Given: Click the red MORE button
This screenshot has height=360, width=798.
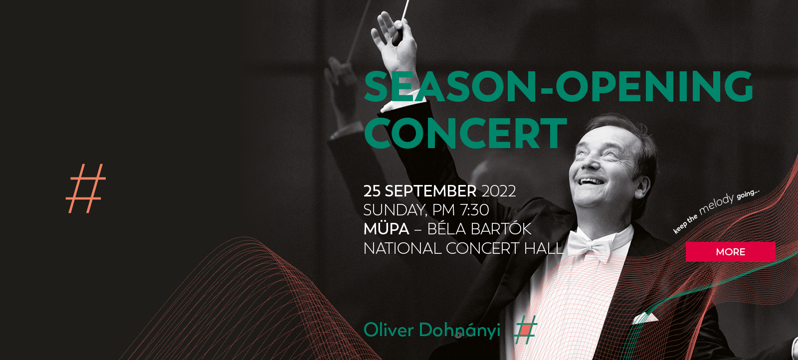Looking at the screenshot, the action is click(x=730, y=252).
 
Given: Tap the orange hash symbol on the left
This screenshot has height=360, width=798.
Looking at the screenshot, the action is click(x=86, y=188).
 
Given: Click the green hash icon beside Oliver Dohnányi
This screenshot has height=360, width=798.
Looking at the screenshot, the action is click(x=526, y=330).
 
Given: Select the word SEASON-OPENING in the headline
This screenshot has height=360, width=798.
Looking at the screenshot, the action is click(x=558, y=87).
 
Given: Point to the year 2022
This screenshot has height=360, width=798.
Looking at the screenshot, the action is click(x=498, y=191).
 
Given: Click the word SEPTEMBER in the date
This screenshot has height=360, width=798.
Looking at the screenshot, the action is click(x=430, y=191).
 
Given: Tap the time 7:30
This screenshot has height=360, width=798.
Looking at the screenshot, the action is click(x=474, y=210).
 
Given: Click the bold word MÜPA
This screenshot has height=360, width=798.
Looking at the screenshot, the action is click(x=386, y=228).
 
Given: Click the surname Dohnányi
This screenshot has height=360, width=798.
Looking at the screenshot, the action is click(x=459, y=330).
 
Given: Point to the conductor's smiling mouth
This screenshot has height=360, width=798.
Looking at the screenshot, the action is click(x=592, y=181).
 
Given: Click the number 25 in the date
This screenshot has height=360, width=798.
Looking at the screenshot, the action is click(x=372, y=191).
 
